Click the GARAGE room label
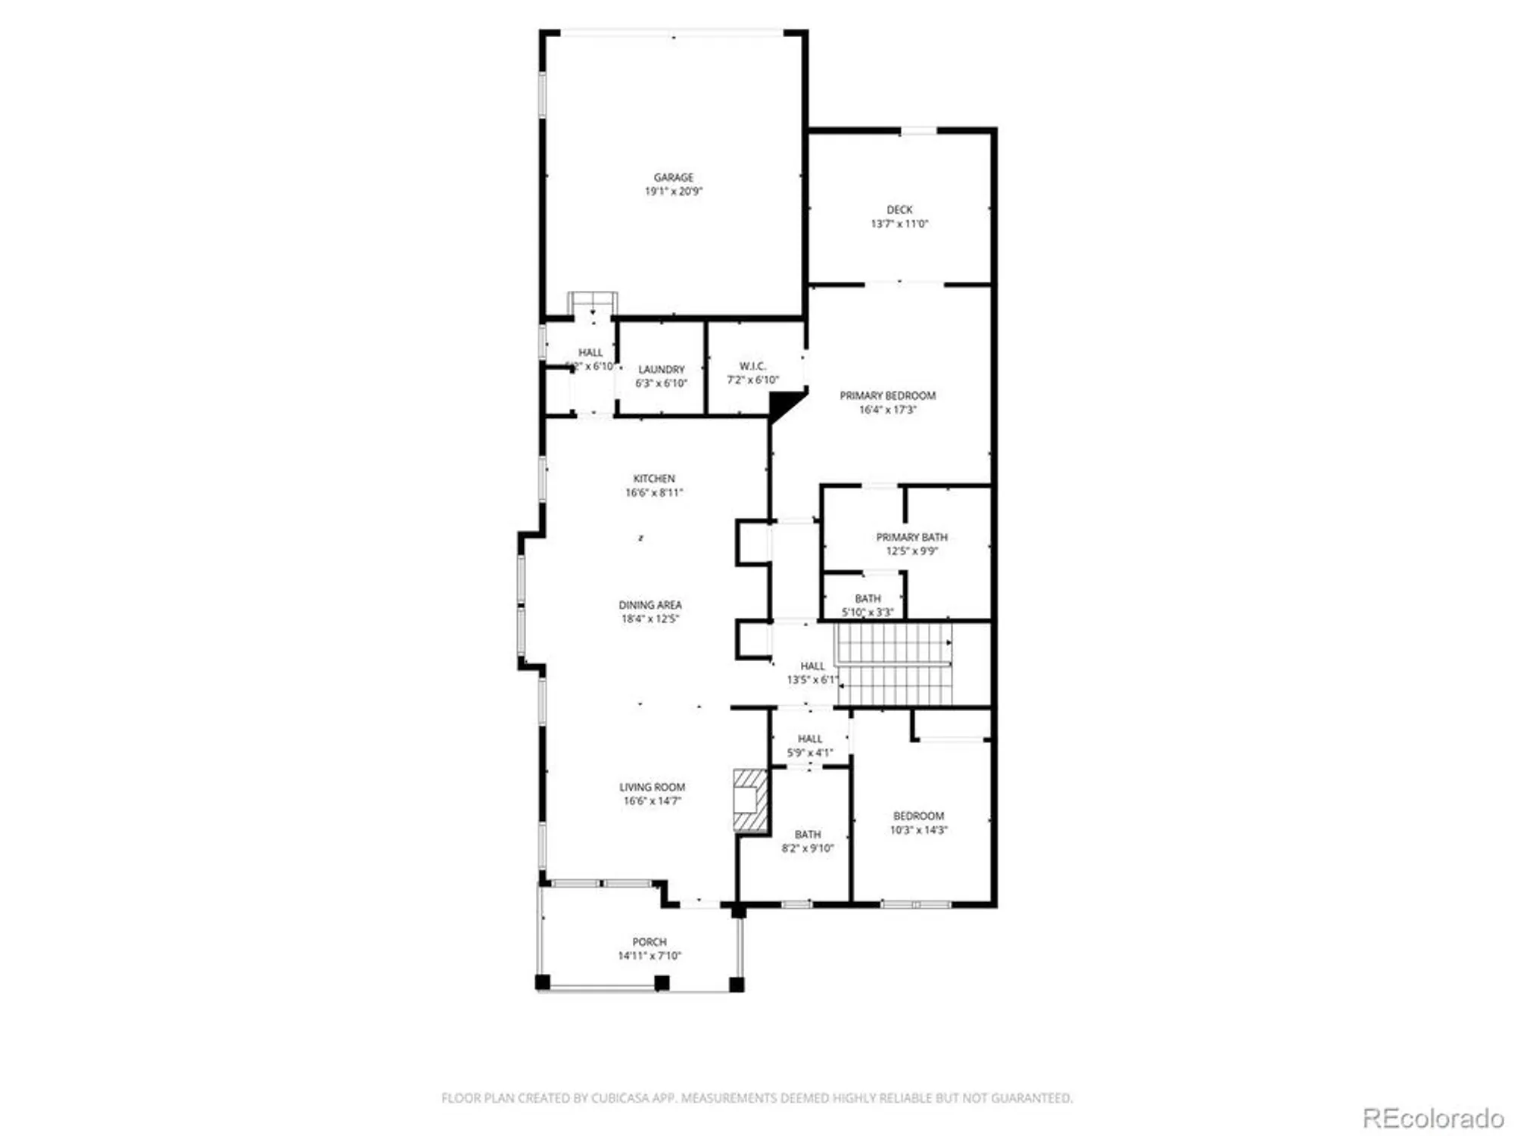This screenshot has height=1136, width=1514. pyautogui.click(x=673, y=177)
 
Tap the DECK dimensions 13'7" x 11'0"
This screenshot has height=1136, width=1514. pyautogui.click(x=899, y=224)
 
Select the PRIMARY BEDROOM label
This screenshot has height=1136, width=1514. pyautogui.click(x=887, y=395)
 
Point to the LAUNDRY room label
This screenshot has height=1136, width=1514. pyautogui.click(x=661, y=370)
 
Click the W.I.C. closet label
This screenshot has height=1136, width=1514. pyautogui.click(x=752, y=366)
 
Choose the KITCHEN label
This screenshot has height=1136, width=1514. pyautogui.click(x=654, y=479)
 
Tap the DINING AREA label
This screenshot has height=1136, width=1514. pyautogui.click(x=650, y=605)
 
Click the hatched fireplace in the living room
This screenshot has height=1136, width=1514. pyautogui.click(x=750, y=801)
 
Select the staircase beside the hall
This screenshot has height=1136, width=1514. pyautogui.click(x=894, y=664)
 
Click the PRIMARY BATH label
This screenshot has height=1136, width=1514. pyautogui.click(x=911, y=537)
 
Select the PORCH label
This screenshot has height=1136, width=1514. pyautogui.click(x=650, y=942)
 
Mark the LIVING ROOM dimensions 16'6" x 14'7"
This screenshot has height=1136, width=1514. pyautogui.click(x=652, y=801)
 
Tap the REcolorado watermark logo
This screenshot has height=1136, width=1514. pyautogui.click(x=1432, y=1118)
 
